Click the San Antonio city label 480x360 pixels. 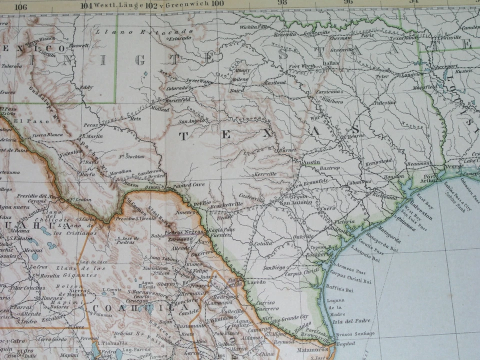click(x=293, y=202)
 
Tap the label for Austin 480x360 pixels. click(x=310, y=162)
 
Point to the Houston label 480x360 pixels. click(x=394, y=176)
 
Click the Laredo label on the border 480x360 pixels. click(x=256, y=282)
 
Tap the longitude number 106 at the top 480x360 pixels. click(x=20, y=6)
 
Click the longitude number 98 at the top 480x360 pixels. click(x=282, y=2)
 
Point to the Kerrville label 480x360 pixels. click(x=264, y=174)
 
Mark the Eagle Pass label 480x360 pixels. click(x=222, y=229)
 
